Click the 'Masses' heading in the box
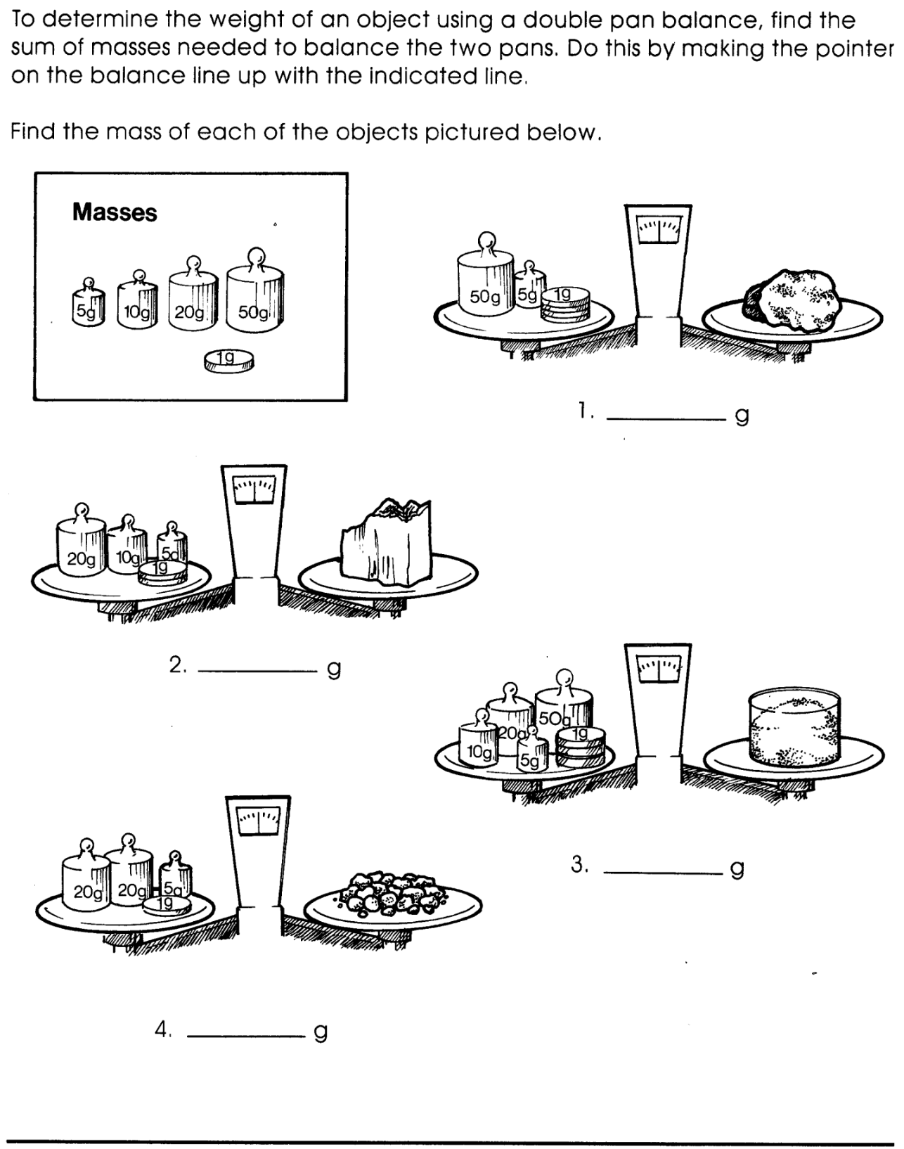coord(115,212)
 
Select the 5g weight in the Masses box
coord(88,307)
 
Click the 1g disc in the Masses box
coord(229,361)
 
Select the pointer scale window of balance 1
coord(659,231)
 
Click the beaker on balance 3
coord(794,728)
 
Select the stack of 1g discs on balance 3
coord(580,748)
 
